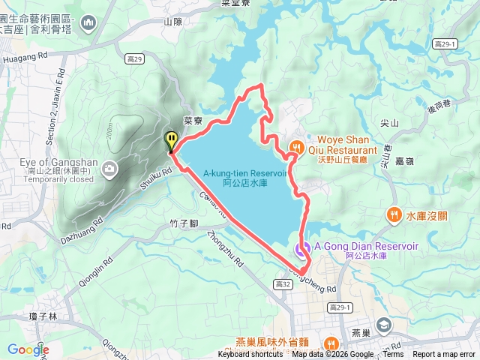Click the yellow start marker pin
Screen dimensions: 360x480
[x=172, y=140]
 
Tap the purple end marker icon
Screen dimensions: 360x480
[x=301, y=249]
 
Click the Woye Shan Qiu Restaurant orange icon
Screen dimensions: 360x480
[x=297, y=146]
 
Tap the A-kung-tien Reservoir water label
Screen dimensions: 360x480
[x=245, y=177]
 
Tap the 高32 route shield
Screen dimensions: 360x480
[x=283, y=284]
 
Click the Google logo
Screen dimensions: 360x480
[x=28, y=349]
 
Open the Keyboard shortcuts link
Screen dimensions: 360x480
[x=250, y=355]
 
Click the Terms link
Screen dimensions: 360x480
[x=393, y=355]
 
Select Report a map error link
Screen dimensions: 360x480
[x=444, y=355]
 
